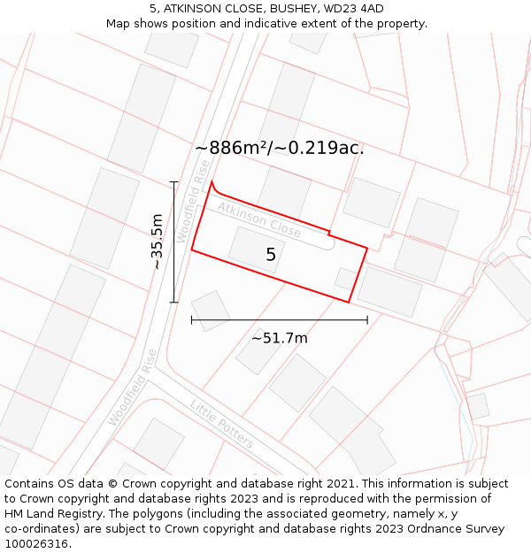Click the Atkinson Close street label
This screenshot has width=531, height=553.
click(x=259, y=219)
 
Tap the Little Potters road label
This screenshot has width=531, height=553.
click(x=221, y=424)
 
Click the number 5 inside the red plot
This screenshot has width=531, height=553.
click(x=271, y=255)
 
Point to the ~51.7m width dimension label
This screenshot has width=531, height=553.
click(x=279, y=338)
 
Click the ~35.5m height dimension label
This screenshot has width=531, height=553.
click(x=157, y=242)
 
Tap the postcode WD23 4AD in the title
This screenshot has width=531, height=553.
click(x=354, y=9)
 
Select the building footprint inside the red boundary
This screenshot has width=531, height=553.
click(x=256, y=249)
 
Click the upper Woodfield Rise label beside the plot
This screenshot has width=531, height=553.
click(x=194, y=201)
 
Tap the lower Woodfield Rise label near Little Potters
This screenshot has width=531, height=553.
click(x=132, y=388)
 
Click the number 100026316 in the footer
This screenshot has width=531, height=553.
click(x=35, y=544)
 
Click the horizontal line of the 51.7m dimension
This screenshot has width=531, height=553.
click(x=279, y=320)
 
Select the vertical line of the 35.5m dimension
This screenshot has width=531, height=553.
click(x=173, y=242)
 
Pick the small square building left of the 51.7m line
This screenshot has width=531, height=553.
click(x=211, y=311)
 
